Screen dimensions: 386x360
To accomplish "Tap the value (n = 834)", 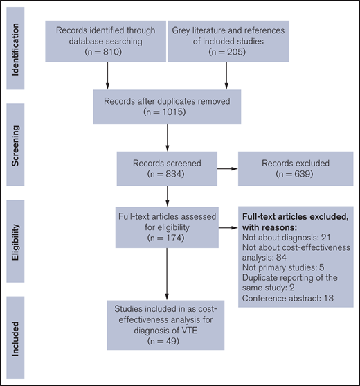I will pos(166,173).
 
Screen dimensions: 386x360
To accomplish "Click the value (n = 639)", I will pos(285,173).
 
